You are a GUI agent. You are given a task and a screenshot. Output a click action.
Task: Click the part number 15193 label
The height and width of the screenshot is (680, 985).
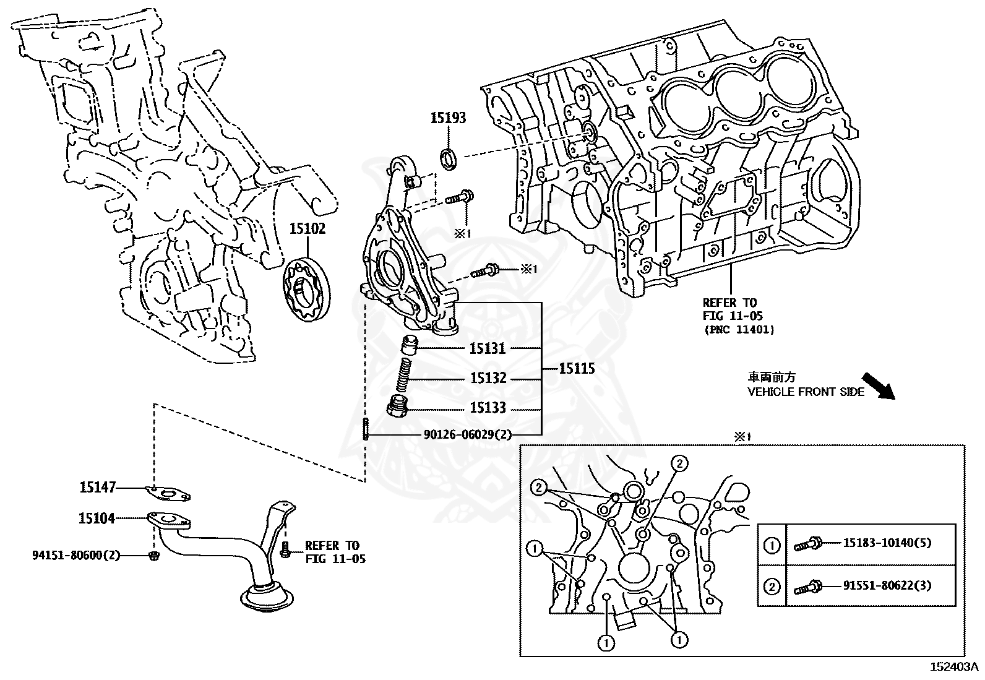click(x=448, y=118)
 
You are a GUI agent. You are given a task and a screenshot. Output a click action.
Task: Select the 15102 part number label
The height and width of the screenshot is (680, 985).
click(x=308, y=229)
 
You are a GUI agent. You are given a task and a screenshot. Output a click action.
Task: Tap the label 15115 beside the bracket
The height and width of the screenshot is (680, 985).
click(x=577, y=369)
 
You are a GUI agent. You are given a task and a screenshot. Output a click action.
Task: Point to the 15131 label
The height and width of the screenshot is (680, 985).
click(x=488, y=348)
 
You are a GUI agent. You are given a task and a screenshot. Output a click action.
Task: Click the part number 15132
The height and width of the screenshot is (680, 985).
click(x=488, y=378)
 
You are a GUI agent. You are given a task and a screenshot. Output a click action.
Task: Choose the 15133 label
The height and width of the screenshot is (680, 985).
click(x=488, y=408)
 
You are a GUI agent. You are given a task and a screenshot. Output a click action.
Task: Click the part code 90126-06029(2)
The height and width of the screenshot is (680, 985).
click(x=468, y=435)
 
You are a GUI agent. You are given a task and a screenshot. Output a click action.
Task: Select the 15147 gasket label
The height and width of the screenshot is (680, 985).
click(x=97, y=488)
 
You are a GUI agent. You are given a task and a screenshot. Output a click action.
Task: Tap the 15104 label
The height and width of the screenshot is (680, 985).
click(x=97, y=518)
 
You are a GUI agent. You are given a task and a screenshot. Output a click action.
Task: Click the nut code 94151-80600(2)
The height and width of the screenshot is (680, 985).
click(x=76, y=556)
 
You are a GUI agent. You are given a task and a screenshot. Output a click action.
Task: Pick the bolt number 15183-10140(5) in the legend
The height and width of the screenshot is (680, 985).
click(x=887, y=543)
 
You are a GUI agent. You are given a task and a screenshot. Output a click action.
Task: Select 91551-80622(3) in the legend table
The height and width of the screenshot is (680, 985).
click(x=887, y=585)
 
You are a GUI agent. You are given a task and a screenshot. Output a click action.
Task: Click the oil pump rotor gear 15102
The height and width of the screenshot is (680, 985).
click(x=306, y=290)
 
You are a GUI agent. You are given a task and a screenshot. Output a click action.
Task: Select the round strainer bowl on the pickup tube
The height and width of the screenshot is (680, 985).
click(x=267, y=597)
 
